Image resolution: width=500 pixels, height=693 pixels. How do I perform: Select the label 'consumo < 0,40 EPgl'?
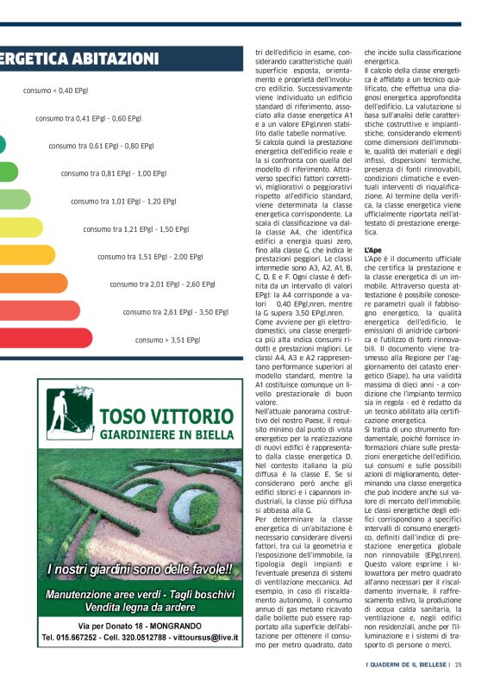coord(55,91)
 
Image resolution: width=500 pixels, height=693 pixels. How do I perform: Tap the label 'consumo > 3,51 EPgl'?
coord(167,340)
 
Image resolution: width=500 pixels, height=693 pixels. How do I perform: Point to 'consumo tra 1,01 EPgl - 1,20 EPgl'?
coord(123,202)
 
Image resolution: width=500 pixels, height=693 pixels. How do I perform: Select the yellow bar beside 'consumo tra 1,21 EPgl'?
coord(21,228)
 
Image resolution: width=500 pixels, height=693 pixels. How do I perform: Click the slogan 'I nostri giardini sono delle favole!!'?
coord(140,569)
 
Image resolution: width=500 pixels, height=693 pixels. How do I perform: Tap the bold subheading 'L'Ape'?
coord(373,249)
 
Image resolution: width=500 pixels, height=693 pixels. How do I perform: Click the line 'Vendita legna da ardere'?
coord(139,607)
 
